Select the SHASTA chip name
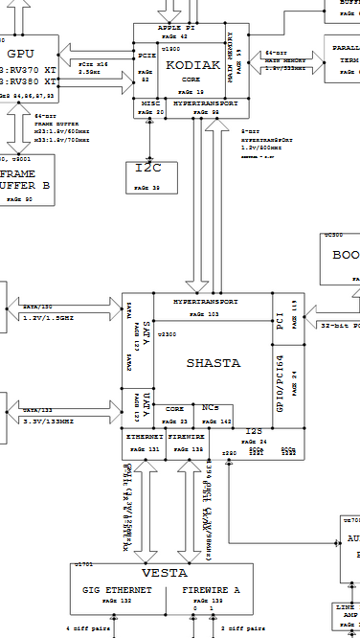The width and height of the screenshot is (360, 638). click(213, 363)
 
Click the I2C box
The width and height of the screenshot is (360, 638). click(148, 169)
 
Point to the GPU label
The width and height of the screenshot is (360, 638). click(21, 54)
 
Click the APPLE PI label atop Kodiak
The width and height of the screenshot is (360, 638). click(176, 29)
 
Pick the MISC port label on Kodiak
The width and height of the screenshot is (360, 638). click(150, 102)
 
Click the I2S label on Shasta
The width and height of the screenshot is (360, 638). click(253, 432)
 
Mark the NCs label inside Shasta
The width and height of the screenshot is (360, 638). click(211, 407)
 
